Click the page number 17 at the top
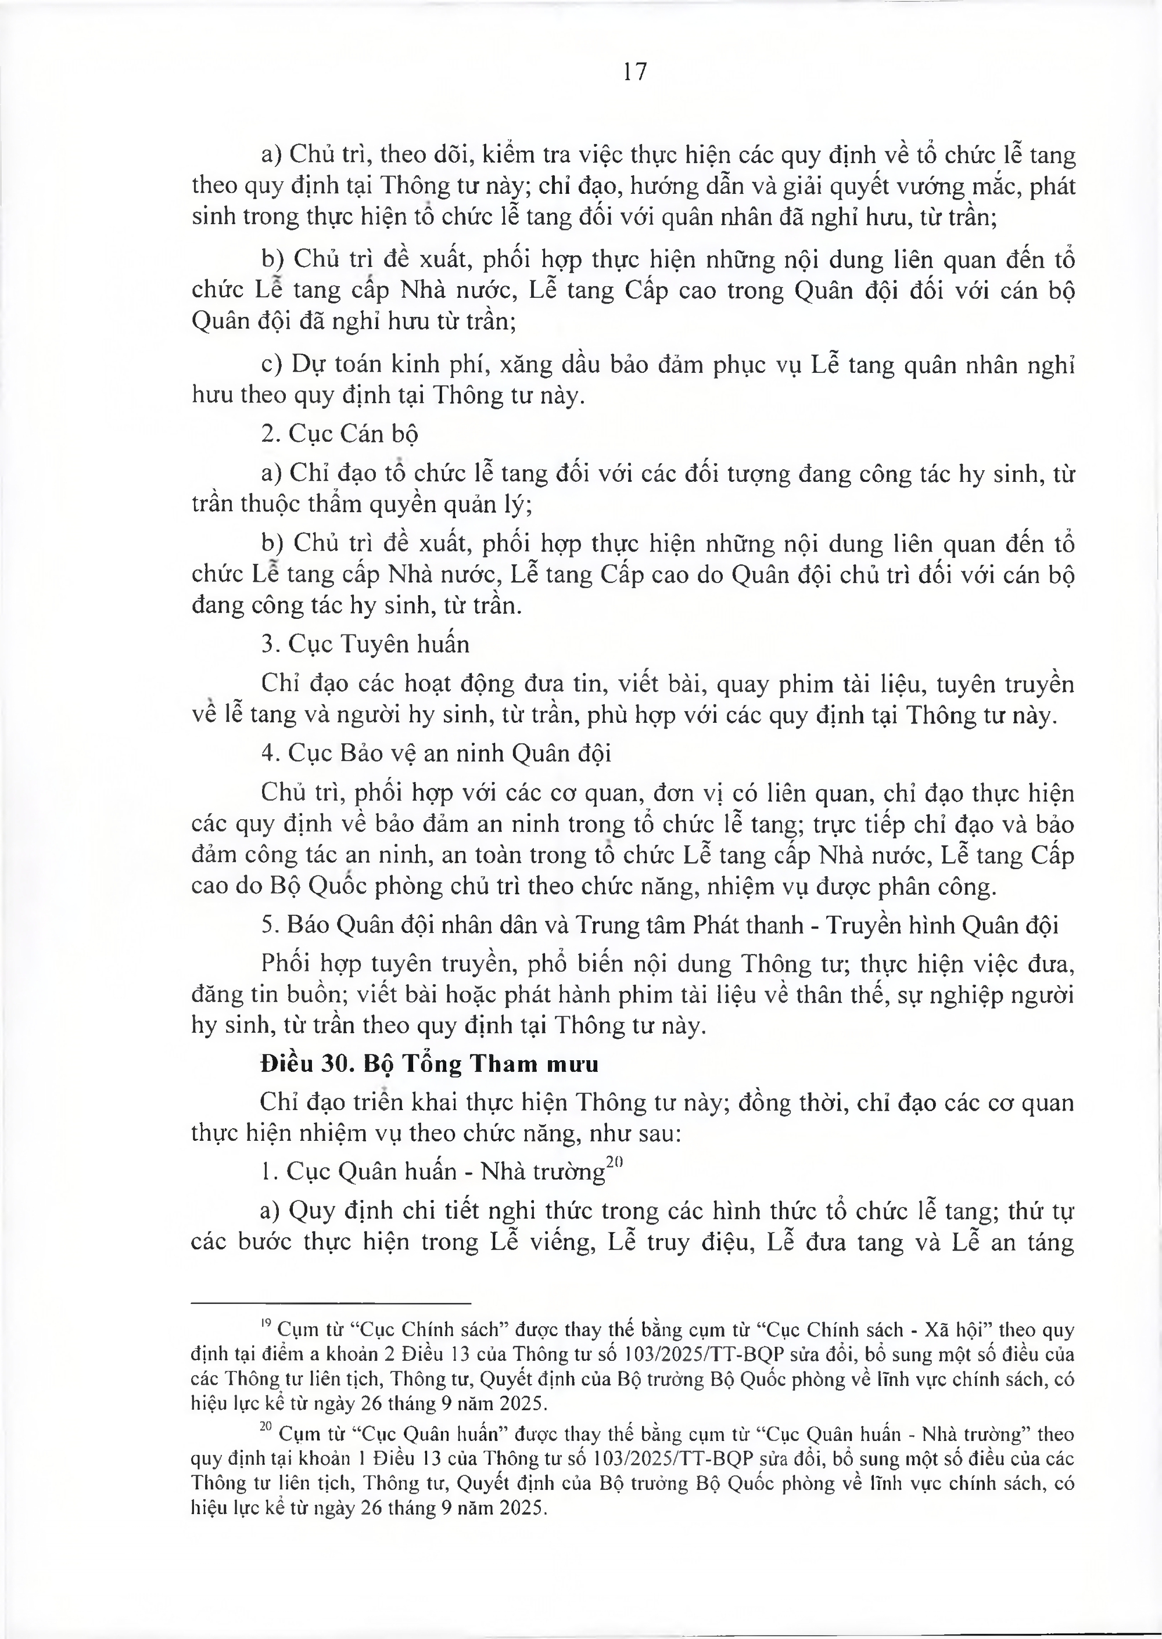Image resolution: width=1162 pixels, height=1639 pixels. point(634,71)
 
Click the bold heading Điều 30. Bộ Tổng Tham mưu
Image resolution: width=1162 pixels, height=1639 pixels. point(429,1064)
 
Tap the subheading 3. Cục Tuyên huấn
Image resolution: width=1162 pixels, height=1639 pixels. point(365,644)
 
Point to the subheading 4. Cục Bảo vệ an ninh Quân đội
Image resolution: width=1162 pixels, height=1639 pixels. point(436,753)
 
